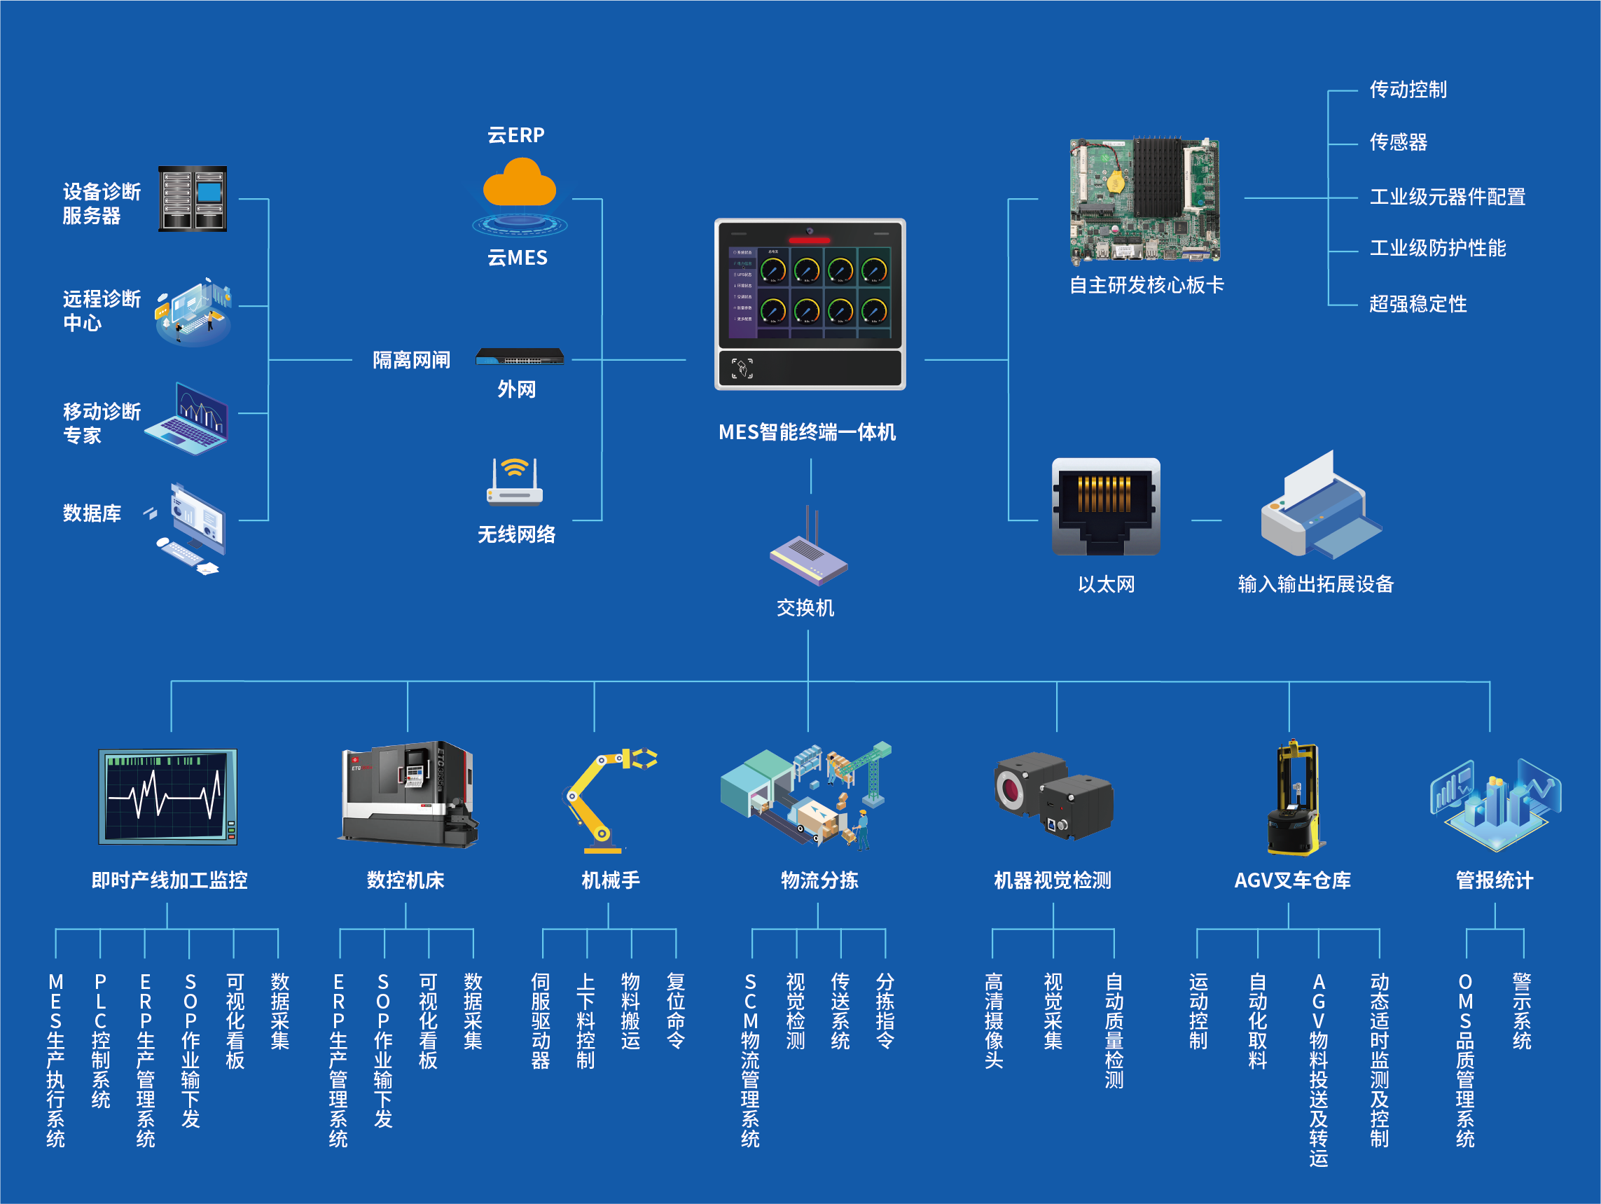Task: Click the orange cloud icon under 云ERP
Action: point(519,184)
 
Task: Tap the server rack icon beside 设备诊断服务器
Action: point(193,199)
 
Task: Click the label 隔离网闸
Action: point(411,360)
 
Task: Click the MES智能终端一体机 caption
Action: point(807,432)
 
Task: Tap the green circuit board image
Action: point(1145,200)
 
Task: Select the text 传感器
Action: point(1398,142)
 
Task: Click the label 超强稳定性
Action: point(1418,304)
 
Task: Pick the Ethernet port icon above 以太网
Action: point(1105,507)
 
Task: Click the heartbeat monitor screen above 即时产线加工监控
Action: point(168,796)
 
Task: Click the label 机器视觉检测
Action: point(1053,880)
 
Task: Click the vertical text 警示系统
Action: point(1522,1011)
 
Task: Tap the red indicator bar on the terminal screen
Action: point(809,240)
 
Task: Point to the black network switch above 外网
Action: point(520,357)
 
